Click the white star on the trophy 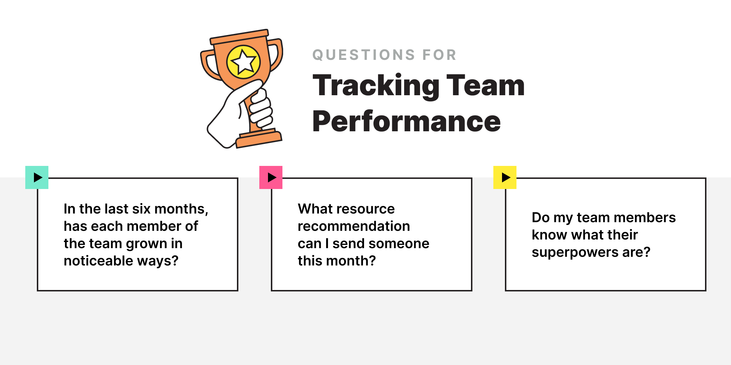click(x=243, y=62)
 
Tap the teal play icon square click(x=37, y=177)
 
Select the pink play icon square click(x=271, y=177)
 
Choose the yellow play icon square click(x=505, y=177)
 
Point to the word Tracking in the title click(x=376, y=86)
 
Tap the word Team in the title click(x=485, y=86)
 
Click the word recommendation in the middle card click(x=354, y=227)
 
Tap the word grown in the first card click(x=146, y=244)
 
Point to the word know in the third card click(x=549, y=235)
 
